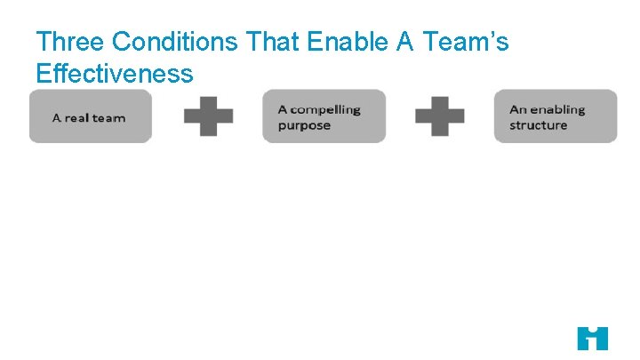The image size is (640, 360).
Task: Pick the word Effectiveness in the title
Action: click(114, 73)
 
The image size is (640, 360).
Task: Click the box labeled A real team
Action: click(91, 116)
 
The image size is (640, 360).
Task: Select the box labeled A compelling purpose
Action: click(324, 116)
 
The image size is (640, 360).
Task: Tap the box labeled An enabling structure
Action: click(556, 116)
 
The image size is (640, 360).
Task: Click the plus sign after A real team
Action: click(208, 116)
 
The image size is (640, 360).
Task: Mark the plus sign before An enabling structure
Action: click(440, 116)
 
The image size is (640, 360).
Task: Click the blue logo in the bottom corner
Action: click(592, 338)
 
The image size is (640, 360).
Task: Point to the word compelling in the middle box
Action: click(325, 109)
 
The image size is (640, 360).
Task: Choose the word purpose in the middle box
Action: click(304, 125)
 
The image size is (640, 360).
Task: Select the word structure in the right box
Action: click(538, 125)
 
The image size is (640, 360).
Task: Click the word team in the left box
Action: click(108, 117)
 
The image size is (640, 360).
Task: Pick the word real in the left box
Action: click(76, 117)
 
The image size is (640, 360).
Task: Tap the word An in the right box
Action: click(518, 109)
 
